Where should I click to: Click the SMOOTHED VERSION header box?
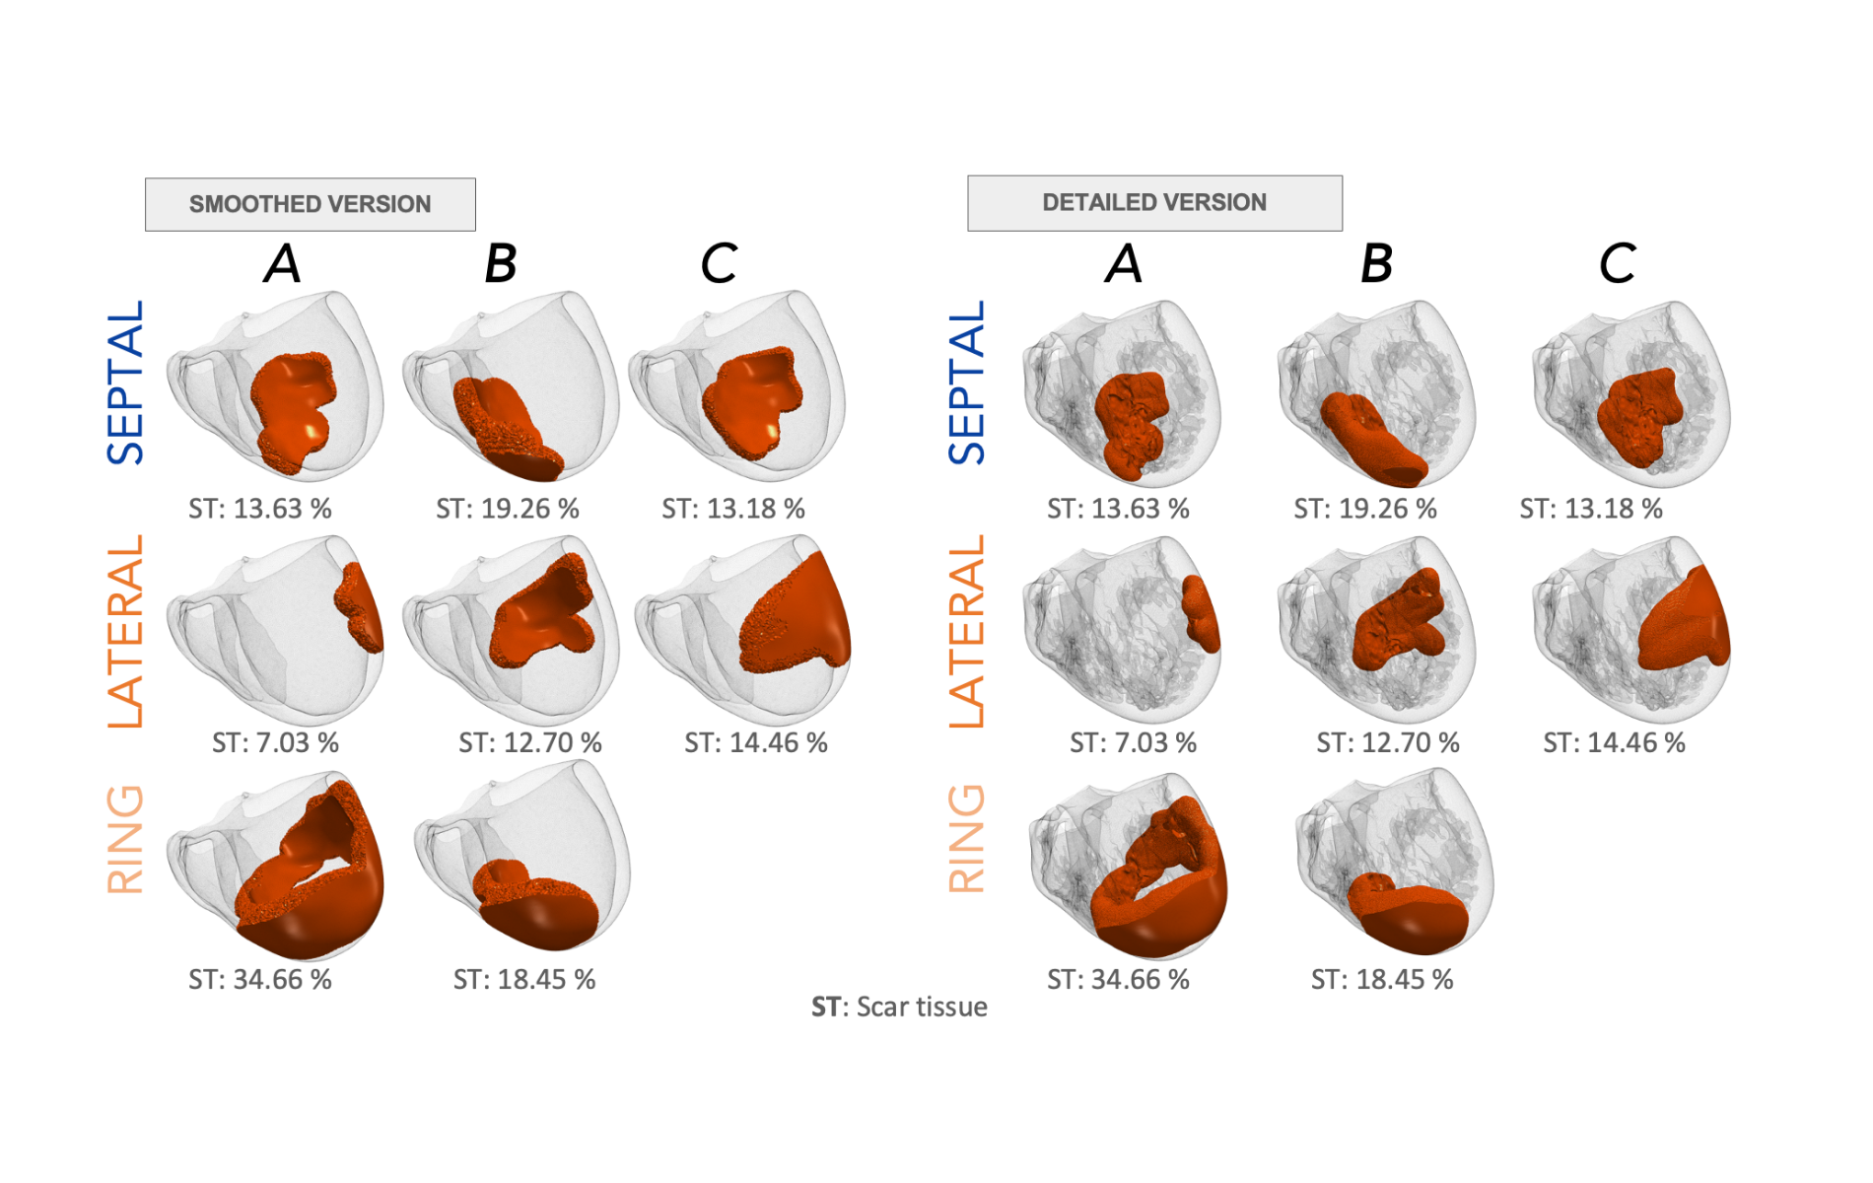coord(310,204)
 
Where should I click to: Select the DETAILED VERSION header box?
coord(1153,202)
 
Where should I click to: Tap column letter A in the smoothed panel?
coord(283,263)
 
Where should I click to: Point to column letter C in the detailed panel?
coord(1617,263)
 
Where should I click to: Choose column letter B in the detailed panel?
coord(1376,263)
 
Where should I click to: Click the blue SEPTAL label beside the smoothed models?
coord(126,383)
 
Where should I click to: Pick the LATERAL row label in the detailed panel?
coord(967,631)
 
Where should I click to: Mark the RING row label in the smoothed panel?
coord(126,840)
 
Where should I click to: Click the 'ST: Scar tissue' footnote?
coord(899,1007)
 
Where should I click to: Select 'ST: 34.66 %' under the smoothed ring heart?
coord(260,980)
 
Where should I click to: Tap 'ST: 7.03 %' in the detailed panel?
coord(1133,743)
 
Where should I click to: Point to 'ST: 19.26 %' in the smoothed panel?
coord(508,509)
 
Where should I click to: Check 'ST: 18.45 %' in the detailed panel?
coord(1382,980)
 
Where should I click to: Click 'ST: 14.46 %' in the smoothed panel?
coord(756,743)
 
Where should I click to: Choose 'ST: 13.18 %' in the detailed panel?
coord(1591,509)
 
